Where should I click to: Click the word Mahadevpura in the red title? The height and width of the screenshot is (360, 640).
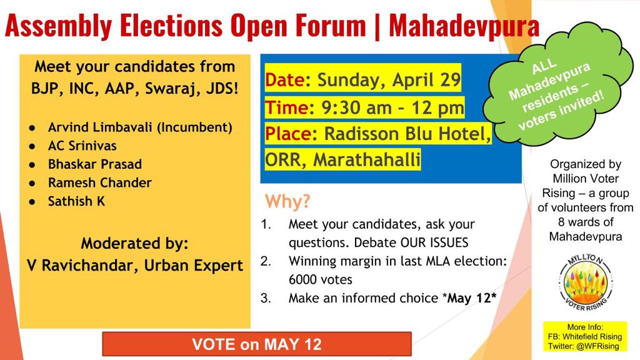click(x=464, y=26)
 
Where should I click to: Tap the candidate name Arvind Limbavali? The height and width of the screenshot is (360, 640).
click(x=101, y=127)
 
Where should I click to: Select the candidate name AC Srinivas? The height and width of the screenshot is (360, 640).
click(x=82, y=146)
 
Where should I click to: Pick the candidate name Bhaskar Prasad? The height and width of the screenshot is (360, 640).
click(x=95, y=164)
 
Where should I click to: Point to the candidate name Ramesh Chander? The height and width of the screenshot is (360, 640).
click(x=100, y=182)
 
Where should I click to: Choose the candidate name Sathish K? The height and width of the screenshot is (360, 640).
click(x=77, y=201)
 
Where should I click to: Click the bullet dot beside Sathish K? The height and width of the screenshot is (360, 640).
click(x=32, y=202)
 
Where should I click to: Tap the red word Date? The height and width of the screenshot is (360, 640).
click(x=285, y=79)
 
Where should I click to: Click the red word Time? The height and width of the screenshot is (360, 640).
click(x=287, y=107)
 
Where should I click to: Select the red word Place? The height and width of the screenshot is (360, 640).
click(x=288, y=134)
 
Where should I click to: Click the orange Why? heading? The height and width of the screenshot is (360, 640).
click(x=287, y=201)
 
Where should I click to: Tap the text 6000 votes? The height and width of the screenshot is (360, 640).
click(x=321, y=279)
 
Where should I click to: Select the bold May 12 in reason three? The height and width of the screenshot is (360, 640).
click(x=469, y=298)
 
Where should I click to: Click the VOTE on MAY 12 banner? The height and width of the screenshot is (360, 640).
click(x=257, y=344)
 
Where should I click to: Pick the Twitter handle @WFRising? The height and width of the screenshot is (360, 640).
click(x=598, y=346)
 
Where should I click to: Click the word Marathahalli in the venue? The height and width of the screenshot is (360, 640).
click(x=367, y=160)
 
